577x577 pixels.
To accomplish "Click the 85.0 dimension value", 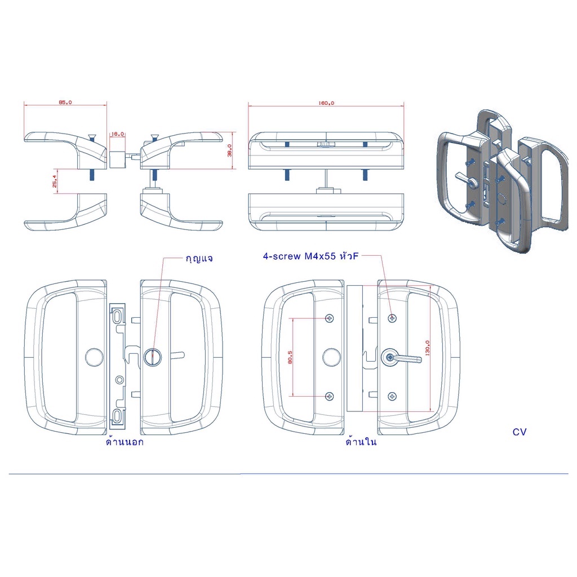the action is tap(65, 103).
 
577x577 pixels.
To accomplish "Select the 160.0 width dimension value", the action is tap(326, 103).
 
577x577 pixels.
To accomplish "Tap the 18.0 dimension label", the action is tap(117, 134).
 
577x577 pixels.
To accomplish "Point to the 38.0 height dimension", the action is tap(230, 150).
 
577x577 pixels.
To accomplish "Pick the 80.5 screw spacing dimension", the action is tap(290, 357).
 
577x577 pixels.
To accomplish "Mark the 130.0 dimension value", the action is tap(427, 348).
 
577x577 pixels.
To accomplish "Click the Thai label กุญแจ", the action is tap(199, 259).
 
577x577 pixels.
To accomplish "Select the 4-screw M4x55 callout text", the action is tap(310, 256).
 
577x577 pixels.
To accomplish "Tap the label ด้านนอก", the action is tap(125, 441).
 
